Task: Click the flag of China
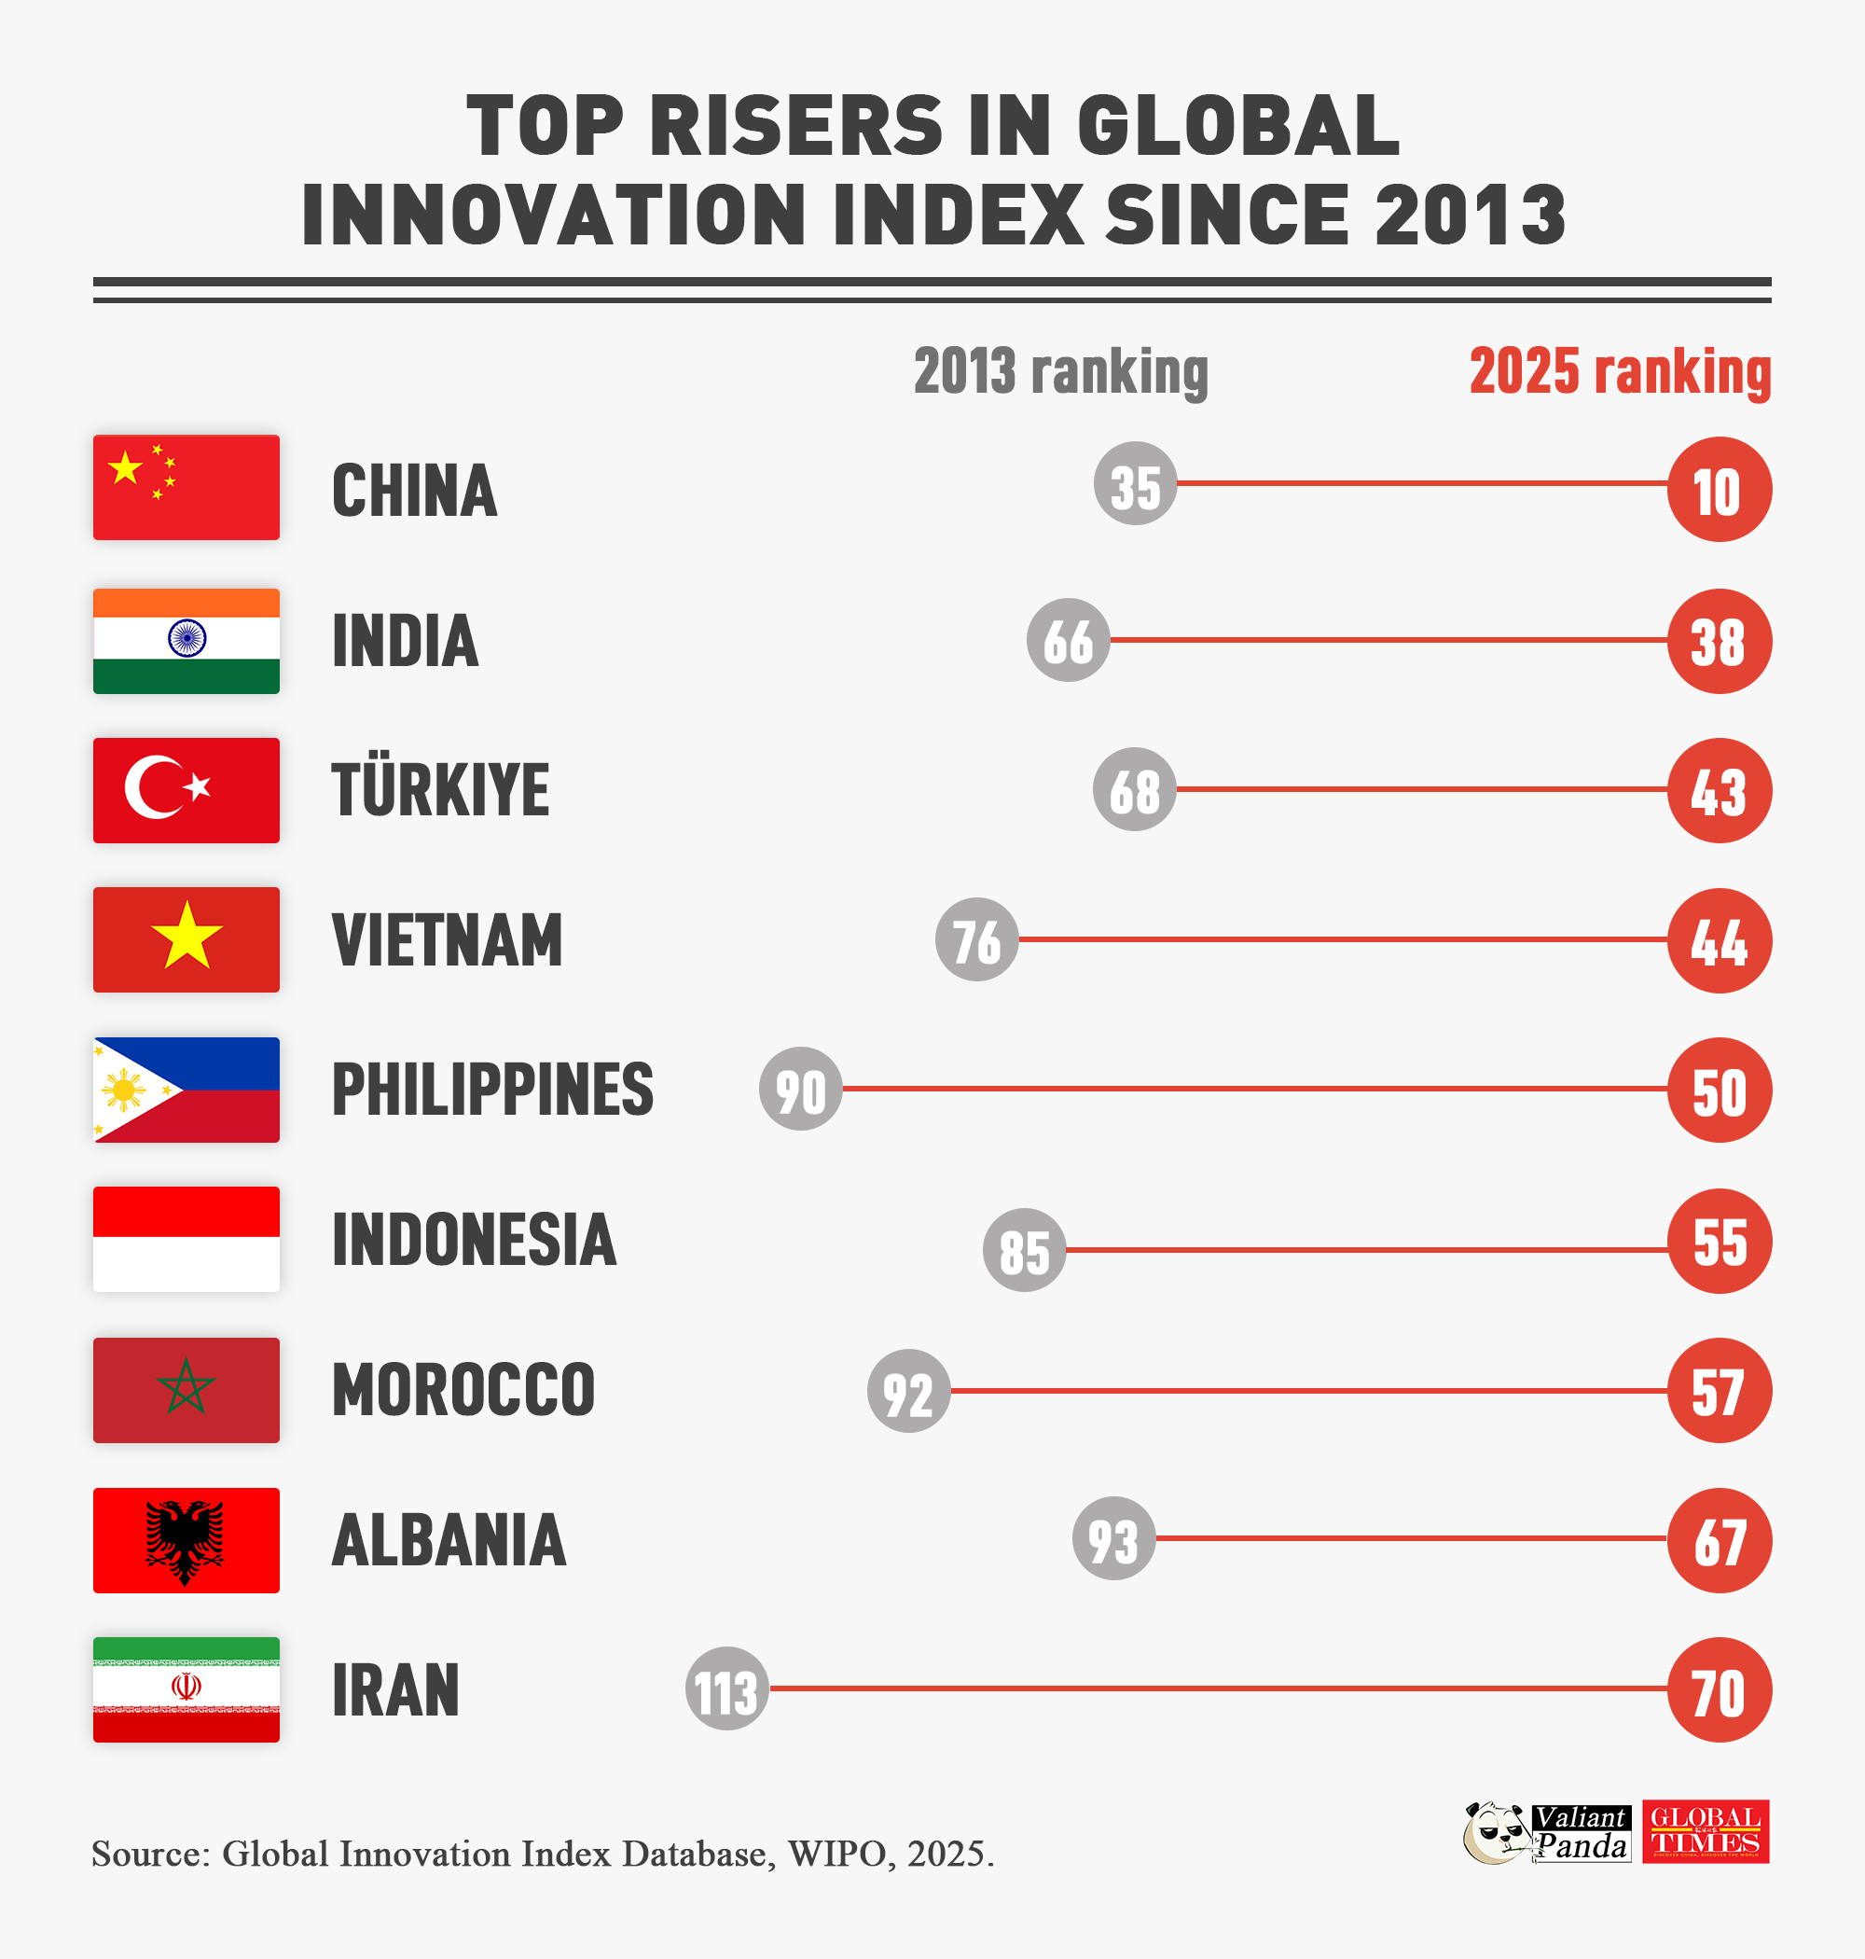186,487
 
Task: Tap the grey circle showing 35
1135,484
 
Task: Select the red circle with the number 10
1719,489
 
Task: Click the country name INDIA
405,642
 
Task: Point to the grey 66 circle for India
1068,640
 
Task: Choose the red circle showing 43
1719,790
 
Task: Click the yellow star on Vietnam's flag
186,937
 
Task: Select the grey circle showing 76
976,939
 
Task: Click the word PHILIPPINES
492,1090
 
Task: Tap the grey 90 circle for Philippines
800,1090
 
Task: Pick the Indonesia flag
186,1239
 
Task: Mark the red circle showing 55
1719,1241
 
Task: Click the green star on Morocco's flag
186,1388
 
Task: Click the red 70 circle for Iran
1719,1690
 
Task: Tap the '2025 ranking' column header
1620,372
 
